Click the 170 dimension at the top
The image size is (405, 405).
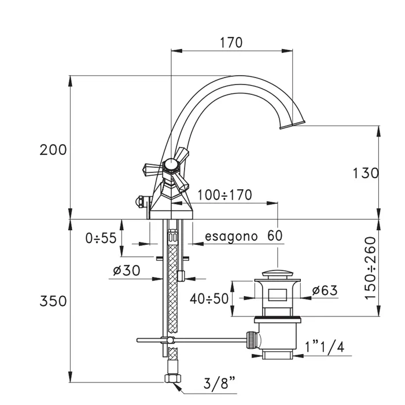231,43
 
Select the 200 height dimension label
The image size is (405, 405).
53,150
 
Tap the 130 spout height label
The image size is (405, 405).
366,173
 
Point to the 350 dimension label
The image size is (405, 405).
53,301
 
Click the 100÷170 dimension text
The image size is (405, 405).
224,195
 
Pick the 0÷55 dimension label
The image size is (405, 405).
101,238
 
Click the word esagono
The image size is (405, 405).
231,237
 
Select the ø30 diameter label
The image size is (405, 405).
127,270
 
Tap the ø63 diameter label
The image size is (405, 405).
325,290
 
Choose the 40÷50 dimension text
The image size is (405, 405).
209,299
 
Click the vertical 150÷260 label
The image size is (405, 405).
370,268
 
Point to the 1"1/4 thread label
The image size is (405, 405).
325,347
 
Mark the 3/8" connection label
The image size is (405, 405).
219,383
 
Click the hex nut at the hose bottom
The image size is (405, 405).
173,378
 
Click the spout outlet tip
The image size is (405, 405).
293,124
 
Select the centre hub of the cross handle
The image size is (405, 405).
170,165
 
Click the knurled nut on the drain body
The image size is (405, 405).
252,340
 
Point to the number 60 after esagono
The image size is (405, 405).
275,235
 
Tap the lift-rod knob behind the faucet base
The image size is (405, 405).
140,201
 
